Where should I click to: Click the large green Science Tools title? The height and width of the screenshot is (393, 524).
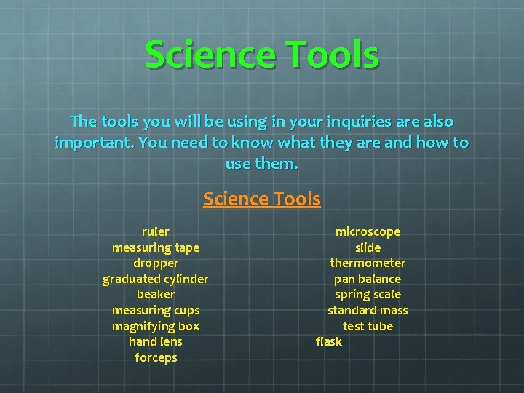(262, 55)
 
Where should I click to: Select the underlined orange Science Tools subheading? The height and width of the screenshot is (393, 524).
(262, 199)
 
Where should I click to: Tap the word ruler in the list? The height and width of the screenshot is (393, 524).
(156, 231)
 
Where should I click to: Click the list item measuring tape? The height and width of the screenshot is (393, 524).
(156, 247)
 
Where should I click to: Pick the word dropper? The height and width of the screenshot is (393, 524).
(156, 263)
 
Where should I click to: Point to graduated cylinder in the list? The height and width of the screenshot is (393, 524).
(156, 279)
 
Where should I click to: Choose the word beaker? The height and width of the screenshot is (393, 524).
(156, 294)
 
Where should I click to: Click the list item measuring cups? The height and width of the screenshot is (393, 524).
(156, 310)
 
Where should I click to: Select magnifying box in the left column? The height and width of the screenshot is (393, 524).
(156, 326)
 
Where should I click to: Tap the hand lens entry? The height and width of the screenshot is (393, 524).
(156, 341)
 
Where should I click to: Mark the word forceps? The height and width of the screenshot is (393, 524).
(156, 357)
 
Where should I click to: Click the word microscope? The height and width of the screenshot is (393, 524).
(368, 231)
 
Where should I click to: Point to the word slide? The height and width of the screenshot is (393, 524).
(368, 247)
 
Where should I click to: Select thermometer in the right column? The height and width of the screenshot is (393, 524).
(368, 263)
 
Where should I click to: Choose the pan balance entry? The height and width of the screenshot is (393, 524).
(368, 279)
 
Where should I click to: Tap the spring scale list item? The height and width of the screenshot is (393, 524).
(368, 294)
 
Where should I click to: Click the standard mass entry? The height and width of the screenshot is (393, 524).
(368, 310)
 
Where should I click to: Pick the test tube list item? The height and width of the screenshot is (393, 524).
(368, 326)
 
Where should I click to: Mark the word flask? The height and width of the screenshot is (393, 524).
(329, 341)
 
